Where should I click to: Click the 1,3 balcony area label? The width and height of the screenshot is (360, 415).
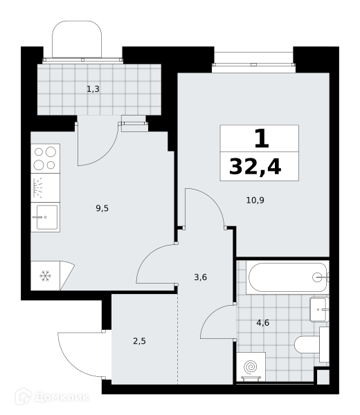(x=93, y=89)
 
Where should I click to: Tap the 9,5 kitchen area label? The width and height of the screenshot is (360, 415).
(x=102, y=208)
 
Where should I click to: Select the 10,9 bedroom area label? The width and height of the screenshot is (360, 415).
(x=255, y=201)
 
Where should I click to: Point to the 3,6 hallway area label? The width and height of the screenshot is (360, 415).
(x=200, y=277)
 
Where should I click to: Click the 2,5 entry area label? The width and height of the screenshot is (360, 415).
(x=139, y=341)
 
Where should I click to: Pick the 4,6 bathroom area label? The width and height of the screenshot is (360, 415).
(x=263, y=322)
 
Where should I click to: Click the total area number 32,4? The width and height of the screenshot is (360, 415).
(x=255, y=167)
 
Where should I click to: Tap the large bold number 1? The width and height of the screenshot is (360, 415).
(x=262, y=138)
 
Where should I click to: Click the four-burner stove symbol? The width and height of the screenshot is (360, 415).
(x=45, y=158)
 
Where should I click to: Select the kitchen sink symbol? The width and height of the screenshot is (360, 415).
(x=45, y=217)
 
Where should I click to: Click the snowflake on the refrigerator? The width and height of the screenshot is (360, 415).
(x=45, y=276)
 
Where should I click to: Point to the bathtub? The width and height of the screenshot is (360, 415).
(x=288, y=277)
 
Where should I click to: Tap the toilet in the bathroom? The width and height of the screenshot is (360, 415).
(x=312, y=344)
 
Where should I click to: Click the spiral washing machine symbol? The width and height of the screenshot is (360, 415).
(x=251, y=367)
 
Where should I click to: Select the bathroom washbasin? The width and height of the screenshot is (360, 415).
(x=319, y=309)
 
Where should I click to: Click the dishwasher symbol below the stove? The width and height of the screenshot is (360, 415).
(x=45, y=188)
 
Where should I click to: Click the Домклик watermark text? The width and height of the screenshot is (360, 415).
(x=61, y=398)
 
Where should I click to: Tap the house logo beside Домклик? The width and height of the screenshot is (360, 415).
(x=24, y=396)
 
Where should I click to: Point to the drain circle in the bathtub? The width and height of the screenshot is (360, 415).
(x=317, y=277)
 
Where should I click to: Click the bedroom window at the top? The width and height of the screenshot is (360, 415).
(x=254, y=64)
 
